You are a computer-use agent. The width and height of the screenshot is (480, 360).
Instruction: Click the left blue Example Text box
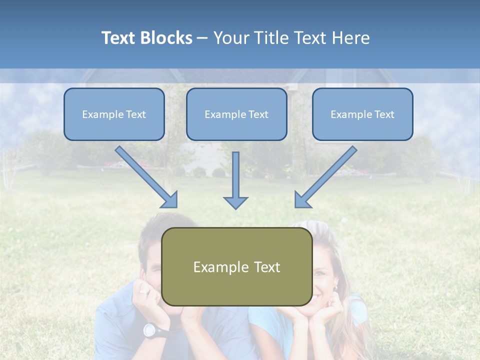tap(114, 114)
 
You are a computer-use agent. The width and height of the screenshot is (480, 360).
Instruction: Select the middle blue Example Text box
tap(236, 114)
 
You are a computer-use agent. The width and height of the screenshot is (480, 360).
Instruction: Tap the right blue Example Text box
tap(362, 114)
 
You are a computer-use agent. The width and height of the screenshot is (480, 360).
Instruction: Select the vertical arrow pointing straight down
tap(235, 180)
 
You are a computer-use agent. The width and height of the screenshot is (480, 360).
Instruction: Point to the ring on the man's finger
tap(144, 291)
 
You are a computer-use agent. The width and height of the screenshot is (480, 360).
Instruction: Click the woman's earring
tap(335, 288)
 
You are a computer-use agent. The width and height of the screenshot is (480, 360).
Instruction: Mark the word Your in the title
tap(231, 38)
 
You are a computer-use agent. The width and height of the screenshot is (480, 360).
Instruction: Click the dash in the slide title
tap(202, 38)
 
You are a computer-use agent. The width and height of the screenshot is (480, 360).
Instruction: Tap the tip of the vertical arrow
tap(235, 207)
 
